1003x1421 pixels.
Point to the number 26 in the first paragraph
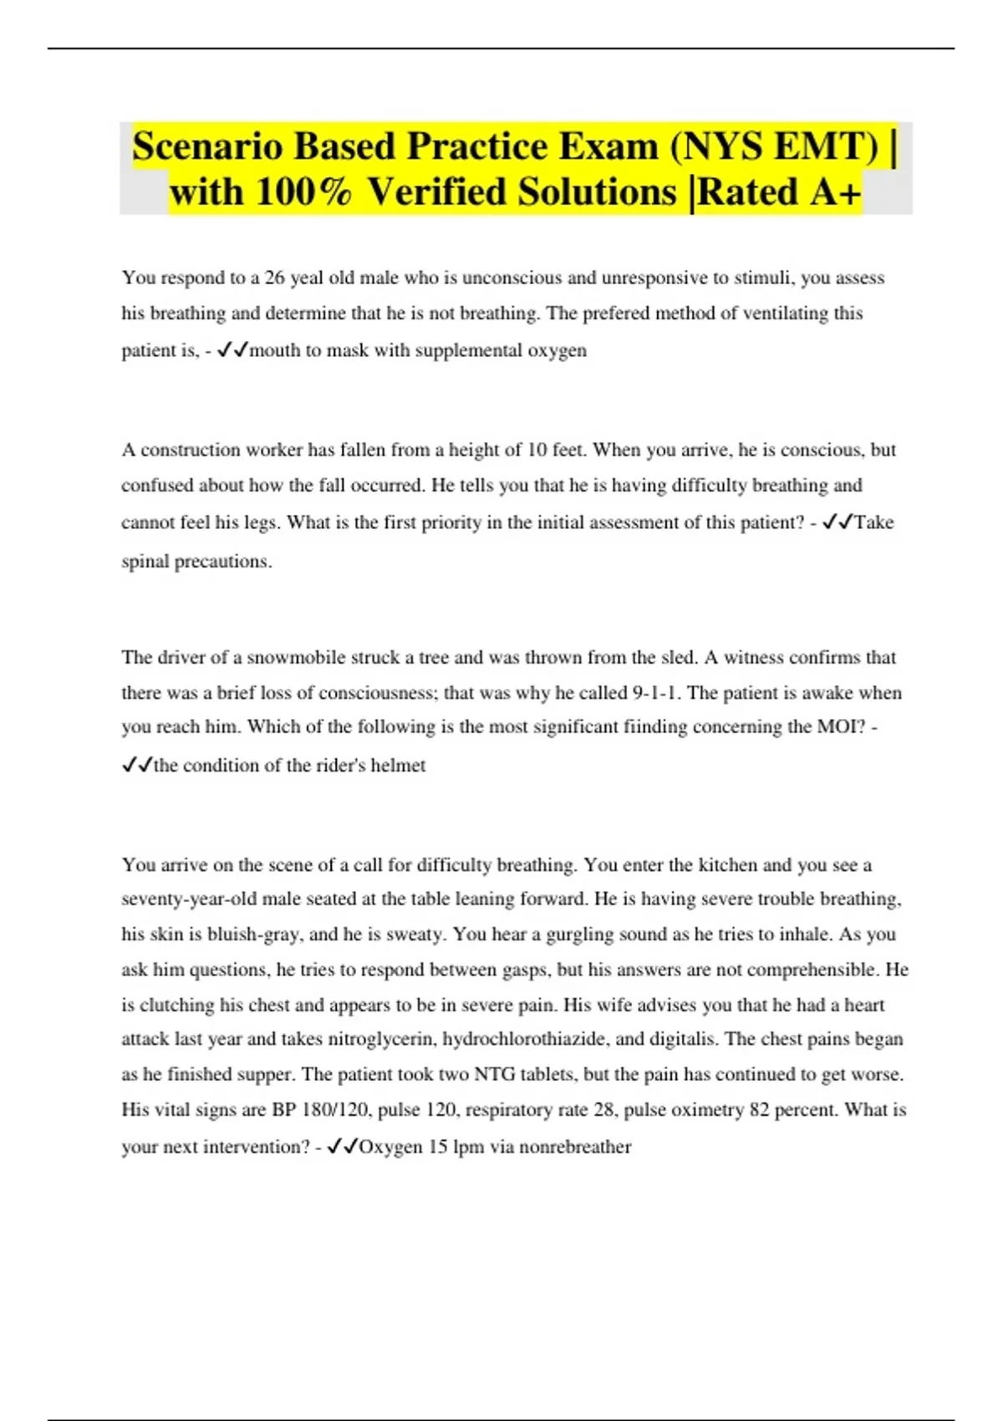click(274, 278)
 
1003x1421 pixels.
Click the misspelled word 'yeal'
click(306, 278)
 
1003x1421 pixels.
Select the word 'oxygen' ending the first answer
click(557, 350)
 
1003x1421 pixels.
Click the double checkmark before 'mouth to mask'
click(232, 351)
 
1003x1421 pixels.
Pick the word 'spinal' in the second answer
click(145, 562)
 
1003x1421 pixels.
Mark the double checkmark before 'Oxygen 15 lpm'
click(342, 1148)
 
